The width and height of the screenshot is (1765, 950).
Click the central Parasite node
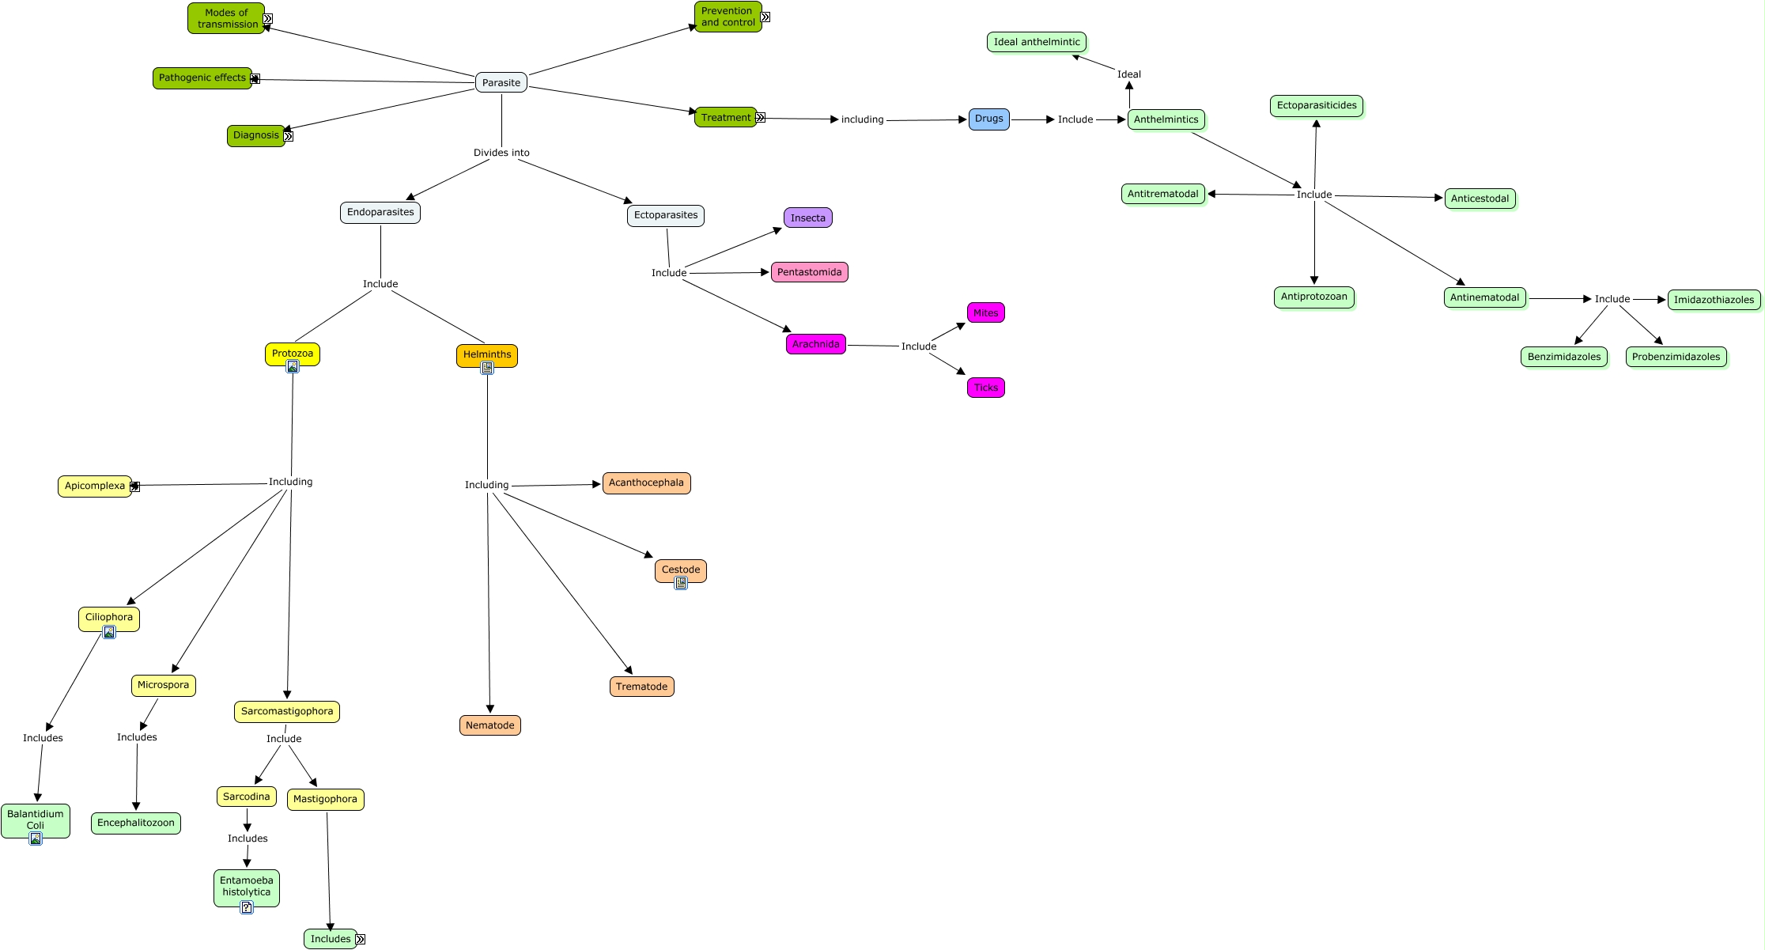(x=501, y=82)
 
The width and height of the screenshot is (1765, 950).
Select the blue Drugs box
(x=988, y=119)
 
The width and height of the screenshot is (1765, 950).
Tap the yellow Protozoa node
(x=292, y=353)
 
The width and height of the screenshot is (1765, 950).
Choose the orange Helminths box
(x=487, y=354)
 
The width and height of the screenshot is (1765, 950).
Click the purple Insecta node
(x=807, y=218)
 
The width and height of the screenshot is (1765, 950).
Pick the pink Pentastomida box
(x=809, y=272)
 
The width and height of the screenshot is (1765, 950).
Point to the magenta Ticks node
(x=985, y=388)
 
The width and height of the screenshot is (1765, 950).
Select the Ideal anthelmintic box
(x=1037, y=42)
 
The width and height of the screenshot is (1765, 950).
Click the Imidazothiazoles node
(x=1714, y=300)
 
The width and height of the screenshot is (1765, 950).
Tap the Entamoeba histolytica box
(x=246, y=886)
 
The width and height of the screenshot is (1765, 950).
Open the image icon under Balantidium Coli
(x=36, y=838)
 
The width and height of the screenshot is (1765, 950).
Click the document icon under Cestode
(x=681, y=583)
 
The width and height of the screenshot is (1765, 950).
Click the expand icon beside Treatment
(x=761, y=118)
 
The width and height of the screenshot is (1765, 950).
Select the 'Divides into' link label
(x=501, y=153)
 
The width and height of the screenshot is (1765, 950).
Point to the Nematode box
(x=489, y=725)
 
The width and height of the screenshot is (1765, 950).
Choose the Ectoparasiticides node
(x=1316, y=105)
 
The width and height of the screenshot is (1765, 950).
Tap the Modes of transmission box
(x=227, y=18)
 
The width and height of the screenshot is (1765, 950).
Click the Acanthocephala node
(x=646, y=483)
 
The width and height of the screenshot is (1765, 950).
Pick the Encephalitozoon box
(x=136, y=823)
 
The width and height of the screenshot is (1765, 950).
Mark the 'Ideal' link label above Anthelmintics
(x=1128, y=74)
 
